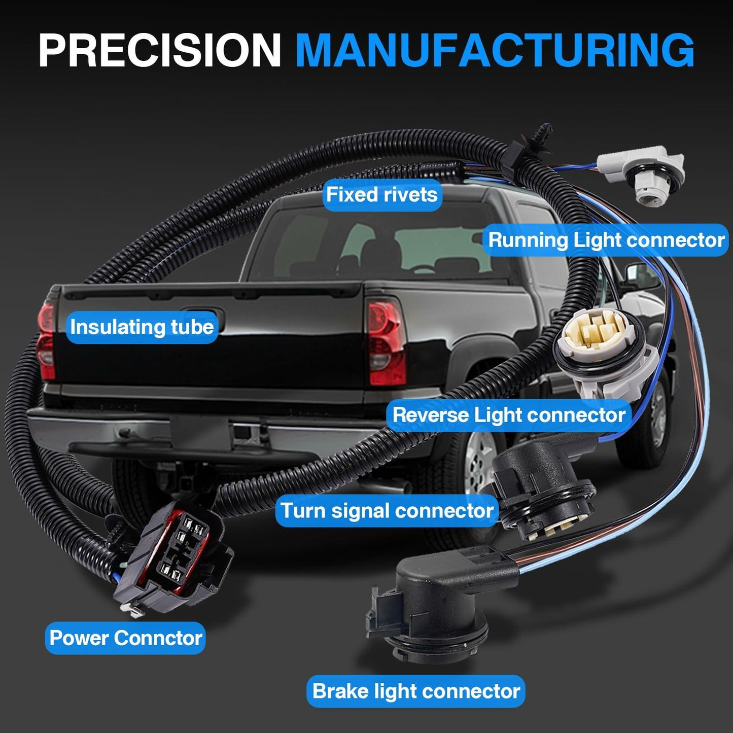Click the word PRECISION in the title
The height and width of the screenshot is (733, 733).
160,50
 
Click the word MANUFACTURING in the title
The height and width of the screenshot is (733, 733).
495,50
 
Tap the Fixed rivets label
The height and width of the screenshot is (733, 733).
382,195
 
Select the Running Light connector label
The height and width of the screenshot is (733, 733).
606,240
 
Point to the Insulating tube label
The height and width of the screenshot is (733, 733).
142,327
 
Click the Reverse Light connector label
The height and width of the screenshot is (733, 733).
509,414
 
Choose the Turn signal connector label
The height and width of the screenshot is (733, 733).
387,510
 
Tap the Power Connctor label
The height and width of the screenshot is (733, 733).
125,638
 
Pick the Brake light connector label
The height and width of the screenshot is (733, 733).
416,691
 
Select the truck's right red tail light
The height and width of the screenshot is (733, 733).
386,342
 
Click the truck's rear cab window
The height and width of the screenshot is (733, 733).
380,243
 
